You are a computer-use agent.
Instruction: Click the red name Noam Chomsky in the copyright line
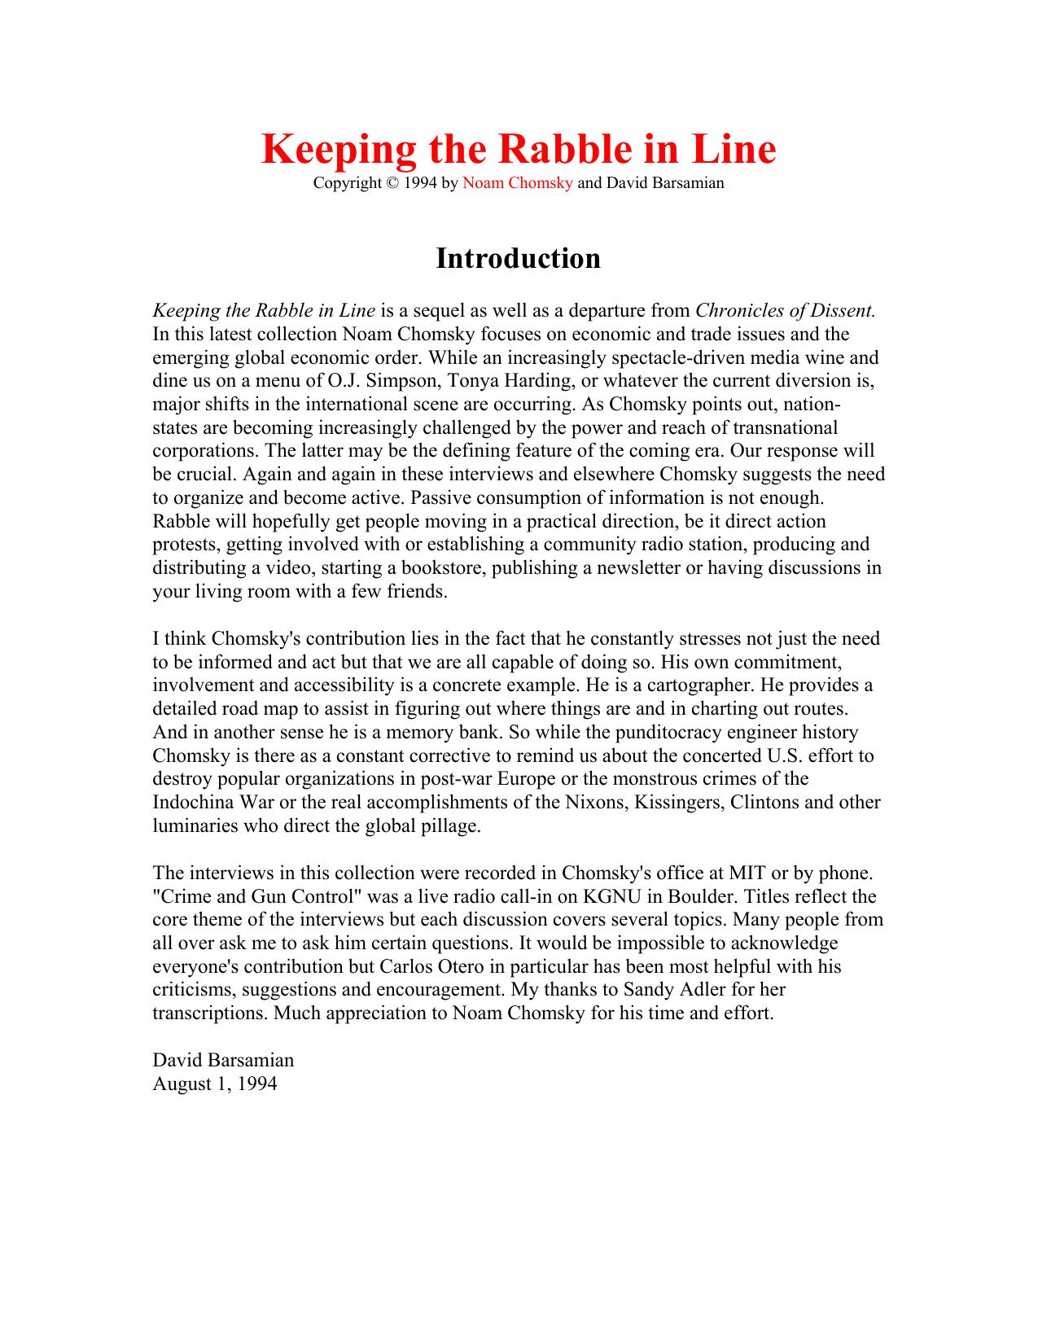click(x=517, y=183)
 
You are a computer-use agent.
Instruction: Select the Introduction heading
click(x=518, y=258)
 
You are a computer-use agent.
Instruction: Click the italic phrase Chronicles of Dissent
click(x=785, y=311)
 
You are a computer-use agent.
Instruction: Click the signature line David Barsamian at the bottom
click(x=223, y=1061)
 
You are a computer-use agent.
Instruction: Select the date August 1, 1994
click(x=215, y=1084)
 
